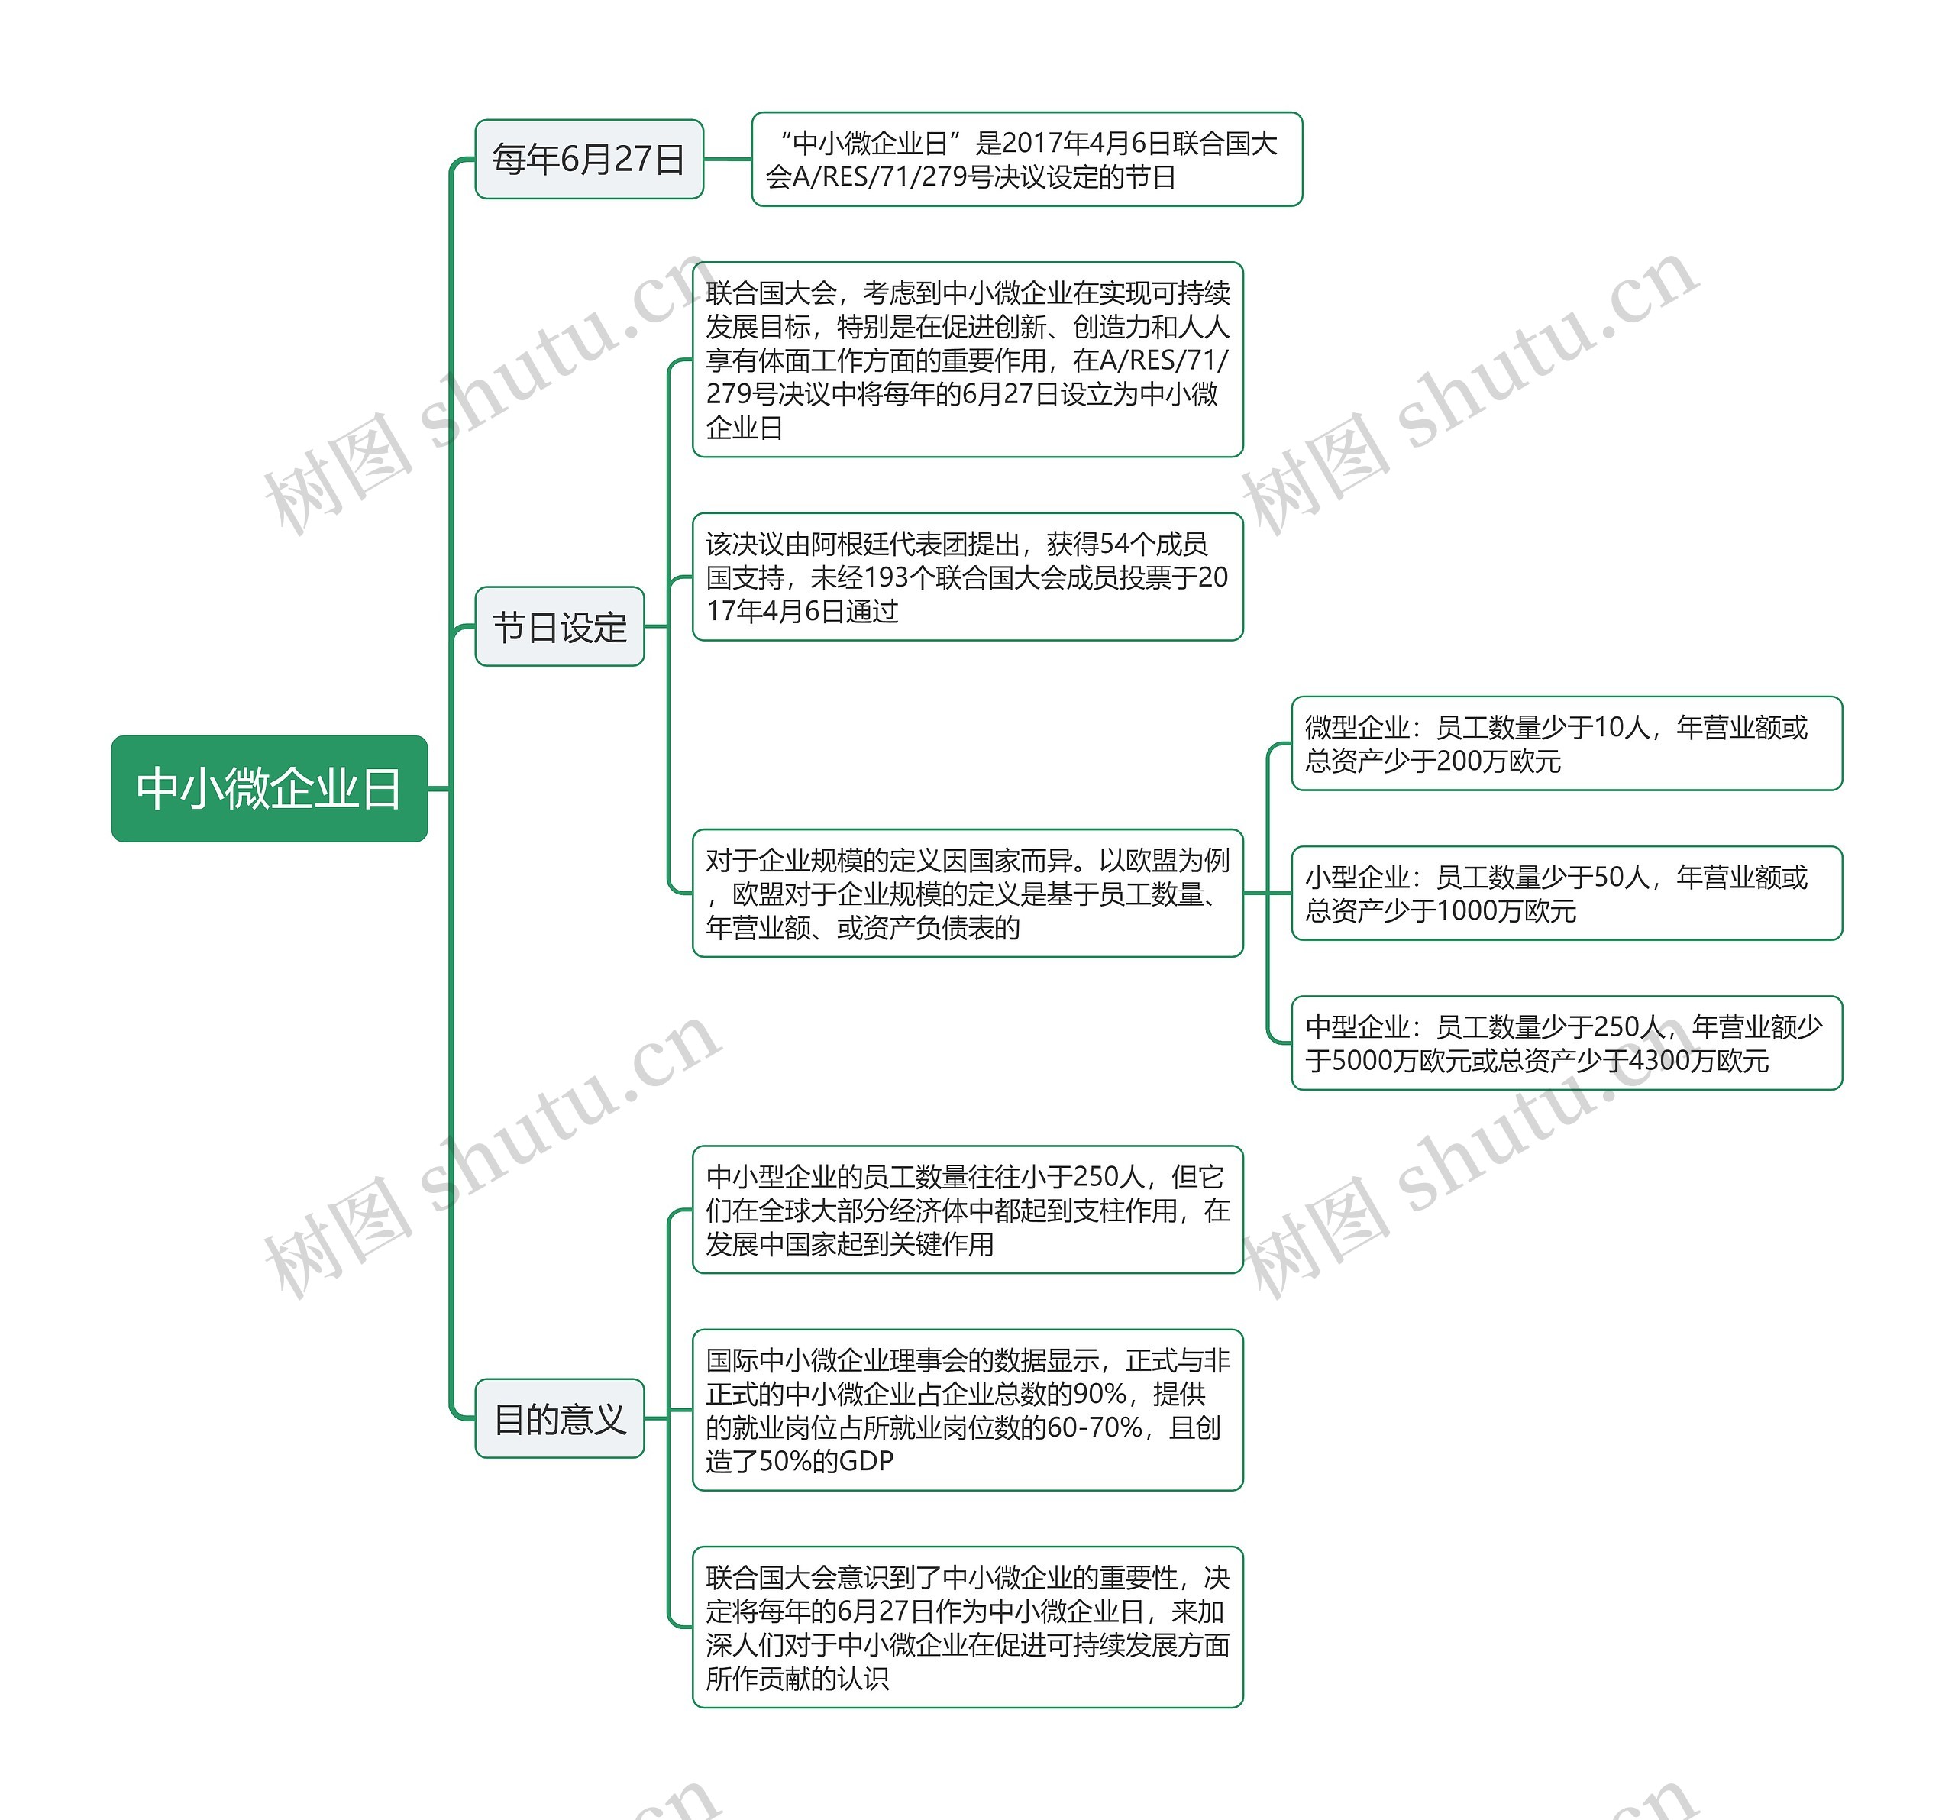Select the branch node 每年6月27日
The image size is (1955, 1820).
[588, 160]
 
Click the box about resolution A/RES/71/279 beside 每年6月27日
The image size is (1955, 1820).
[1026, 160]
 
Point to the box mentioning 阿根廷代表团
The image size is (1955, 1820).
[967, 577]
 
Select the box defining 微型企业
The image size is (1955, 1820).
[1566, 743]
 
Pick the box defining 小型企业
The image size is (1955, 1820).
[1566, 893]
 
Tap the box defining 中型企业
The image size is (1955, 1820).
[1566, 1043]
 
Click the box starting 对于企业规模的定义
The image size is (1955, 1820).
[967, 893]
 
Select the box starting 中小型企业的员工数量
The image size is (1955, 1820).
[967, 1210]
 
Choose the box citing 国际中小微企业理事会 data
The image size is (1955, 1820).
[967, 1410]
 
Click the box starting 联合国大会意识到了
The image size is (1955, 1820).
[967, 1628]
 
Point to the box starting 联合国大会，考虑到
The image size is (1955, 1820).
[967, 360]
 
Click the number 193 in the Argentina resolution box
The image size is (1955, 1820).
[885, 578]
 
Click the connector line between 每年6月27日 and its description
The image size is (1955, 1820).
[728, 160]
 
